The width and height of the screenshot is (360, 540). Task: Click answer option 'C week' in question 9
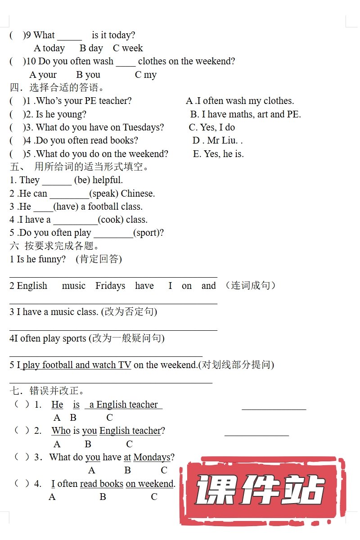(128, 48)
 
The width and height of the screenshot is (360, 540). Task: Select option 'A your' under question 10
(43, 75)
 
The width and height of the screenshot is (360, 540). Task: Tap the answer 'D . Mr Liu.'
(218, 140)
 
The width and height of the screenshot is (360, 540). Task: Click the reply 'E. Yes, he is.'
(218, 154)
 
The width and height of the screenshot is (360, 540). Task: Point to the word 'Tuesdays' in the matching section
(143, 127)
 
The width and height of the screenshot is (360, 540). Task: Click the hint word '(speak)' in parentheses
(104, 193)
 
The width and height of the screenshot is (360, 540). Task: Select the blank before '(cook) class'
(75, 220)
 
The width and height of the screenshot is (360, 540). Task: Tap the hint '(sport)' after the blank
(148, 233)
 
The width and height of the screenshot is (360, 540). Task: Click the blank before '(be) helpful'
(57, 181)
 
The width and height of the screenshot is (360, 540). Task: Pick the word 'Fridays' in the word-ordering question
(110, 286)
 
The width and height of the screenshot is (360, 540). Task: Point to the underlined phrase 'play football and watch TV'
(76, 365)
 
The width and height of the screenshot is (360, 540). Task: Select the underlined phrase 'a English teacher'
(123, 405)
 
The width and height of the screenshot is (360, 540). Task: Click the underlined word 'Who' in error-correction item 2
(61, 431)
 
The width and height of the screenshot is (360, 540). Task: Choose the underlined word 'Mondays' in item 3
(152, 457)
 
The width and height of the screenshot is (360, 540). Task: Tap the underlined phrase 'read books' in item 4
(102, 484)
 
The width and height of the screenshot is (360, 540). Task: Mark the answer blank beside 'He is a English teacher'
(274, 407)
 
